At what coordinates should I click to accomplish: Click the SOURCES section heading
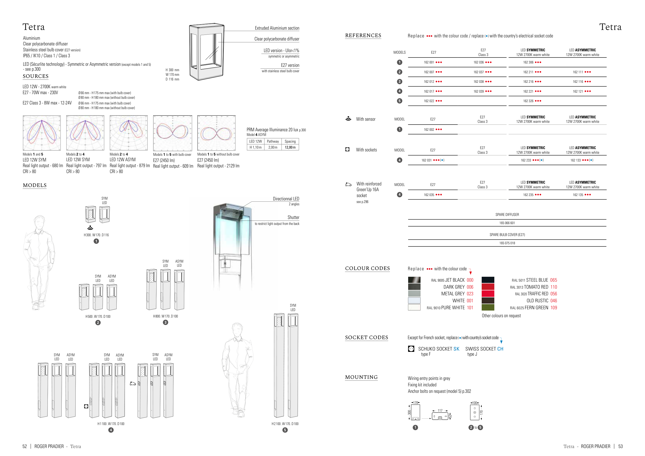[x=36, y=76]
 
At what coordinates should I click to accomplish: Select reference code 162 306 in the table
[x=528, y=62]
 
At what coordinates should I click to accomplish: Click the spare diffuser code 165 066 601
[x=507, y=223]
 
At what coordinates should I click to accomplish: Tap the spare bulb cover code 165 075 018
[x=507, y=243]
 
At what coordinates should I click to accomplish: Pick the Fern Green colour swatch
[x=488, y=307]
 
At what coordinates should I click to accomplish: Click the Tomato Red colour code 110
[x=553, y=287]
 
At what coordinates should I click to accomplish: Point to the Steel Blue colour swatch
[x=488, y=280]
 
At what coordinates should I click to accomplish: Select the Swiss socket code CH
[x=500, y=349]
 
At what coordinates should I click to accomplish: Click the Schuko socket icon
[x=411, y=349]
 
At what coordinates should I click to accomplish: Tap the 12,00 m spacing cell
[x=290, y=148]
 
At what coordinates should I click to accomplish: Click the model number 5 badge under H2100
[x=285, y=430]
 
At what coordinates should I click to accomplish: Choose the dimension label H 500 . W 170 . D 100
[x=98, y=316]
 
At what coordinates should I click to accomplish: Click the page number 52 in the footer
[x=25, y=446]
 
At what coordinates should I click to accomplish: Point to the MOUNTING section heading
[x=361, y=377]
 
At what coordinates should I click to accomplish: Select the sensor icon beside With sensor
[x=348, y=118]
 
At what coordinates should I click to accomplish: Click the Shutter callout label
[x=293, y=217]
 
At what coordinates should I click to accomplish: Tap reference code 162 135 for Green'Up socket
[x=578, y=195]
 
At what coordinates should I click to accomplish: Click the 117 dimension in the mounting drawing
[x=440, y=411]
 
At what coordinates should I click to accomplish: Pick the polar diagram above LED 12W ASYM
[x=128, y=133]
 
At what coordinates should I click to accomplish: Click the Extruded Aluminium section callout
[x=277, y=28]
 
